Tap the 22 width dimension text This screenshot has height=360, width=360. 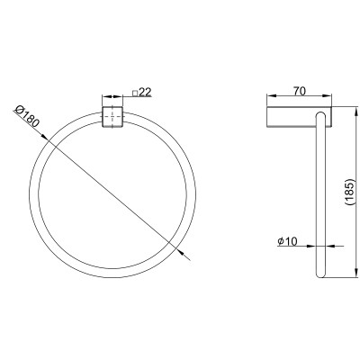(145, 93)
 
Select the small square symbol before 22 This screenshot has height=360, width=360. (135, 94)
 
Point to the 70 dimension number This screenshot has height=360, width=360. (300, 91)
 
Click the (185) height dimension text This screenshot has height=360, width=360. (350, 193)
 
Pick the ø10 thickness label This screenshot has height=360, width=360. (287, 241)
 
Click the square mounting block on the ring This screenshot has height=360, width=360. (112, 116)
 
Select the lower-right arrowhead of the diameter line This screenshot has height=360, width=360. (180, 252)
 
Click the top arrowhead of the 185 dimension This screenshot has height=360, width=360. (356, 112)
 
